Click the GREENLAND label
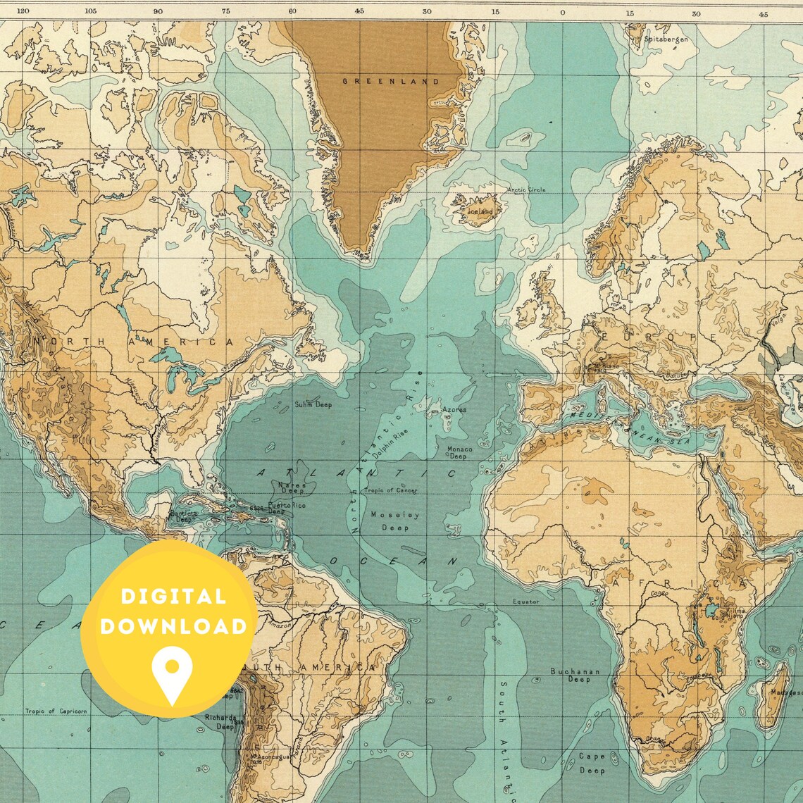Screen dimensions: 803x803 [390, 81]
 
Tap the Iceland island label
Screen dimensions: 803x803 [481, 211]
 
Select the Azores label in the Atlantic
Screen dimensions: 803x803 [454, 409]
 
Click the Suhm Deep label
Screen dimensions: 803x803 [313, 404]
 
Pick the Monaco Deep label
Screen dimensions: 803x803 [459, 452]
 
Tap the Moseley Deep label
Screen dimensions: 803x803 [394, 521]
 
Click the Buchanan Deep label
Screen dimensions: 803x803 [575, 675]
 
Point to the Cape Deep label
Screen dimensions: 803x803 [592, 763]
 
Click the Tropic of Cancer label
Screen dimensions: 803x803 [390, 490]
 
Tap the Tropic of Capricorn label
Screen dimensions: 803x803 [56, 711]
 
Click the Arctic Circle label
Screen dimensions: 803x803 [527, 189]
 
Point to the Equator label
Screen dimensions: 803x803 [525, 602]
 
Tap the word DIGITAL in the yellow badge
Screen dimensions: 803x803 [173, 597]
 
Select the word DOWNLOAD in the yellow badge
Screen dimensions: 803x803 [173, 626]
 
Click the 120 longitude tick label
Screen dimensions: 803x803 [23, 11]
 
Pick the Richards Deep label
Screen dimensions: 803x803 [221, 721]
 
